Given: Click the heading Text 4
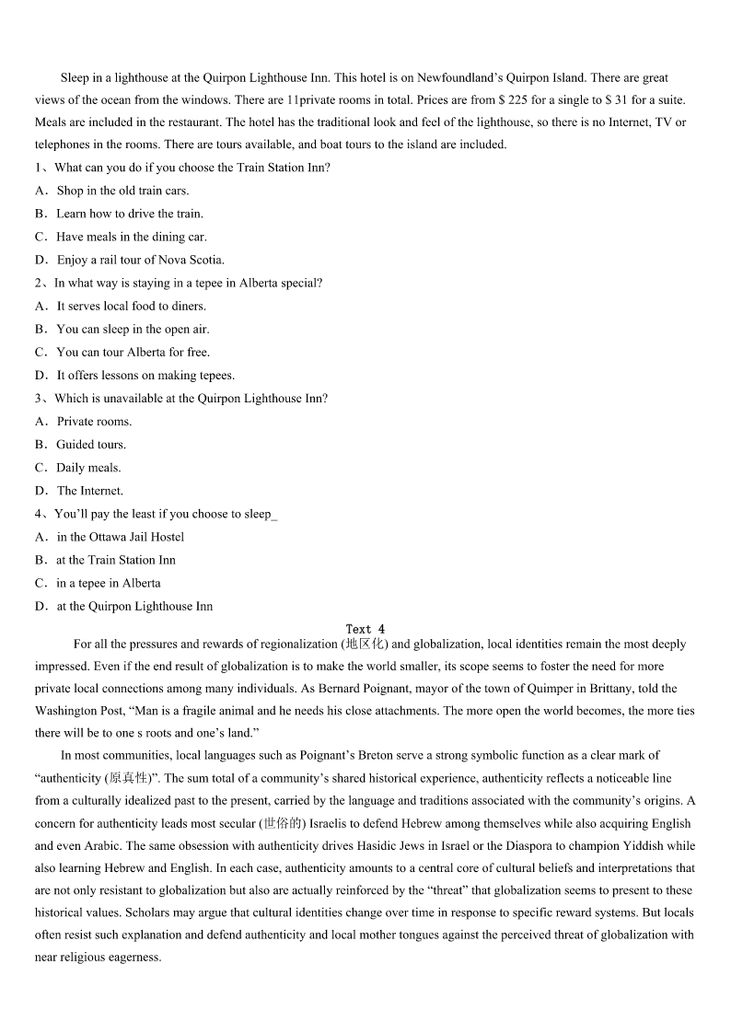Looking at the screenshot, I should (365, 629).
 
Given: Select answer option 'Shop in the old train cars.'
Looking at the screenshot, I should (122, 191).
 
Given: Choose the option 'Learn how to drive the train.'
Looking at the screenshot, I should (130, 214).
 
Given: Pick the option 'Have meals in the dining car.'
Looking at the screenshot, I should (132, 237).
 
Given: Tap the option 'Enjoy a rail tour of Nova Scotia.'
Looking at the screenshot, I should (140, 260).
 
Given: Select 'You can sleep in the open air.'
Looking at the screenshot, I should (133, 329).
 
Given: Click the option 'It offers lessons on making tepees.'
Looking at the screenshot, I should (145, 375).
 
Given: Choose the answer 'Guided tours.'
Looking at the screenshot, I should (91, 444).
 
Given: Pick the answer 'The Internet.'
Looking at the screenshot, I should (89, 491).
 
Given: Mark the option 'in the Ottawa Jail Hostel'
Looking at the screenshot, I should (120, 537).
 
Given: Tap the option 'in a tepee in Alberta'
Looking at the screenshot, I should (108, 583).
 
